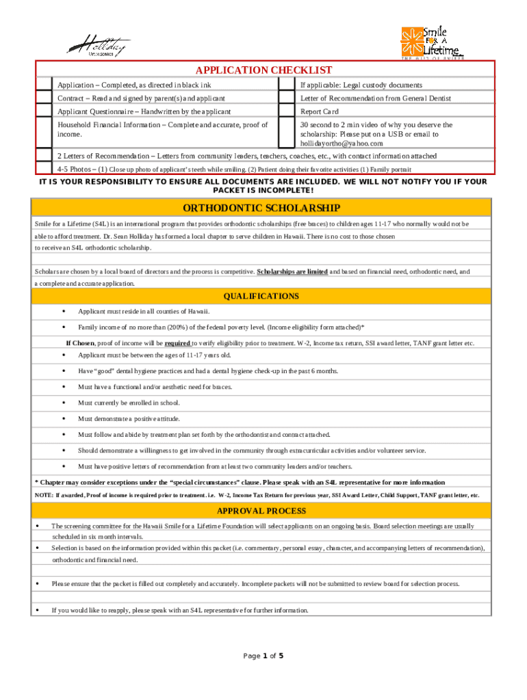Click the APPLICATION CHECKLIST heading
[263, 70]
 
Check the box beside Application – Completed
[44, 85]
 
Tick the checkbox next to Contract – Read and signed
[44, 98]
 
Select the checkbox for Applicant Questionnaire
[44, 111]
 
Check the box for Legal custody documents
[287, 85]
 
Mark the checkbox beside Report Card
[287, 111]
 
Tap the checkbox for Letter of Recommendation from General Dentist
[287, 98]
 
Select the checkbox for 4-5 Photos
[44, 169]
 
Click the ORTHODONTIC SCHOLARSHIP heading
[261, 208]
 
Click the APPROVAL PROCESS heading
[261, 511]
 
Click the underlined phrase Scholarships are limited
[292, 271]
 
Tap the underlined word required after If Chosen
[177, 343]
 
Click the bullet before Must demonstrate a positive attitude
[64, 418]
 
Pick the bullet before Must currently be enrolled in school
[64, 403]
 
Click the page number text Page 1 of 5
[263, 656]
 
